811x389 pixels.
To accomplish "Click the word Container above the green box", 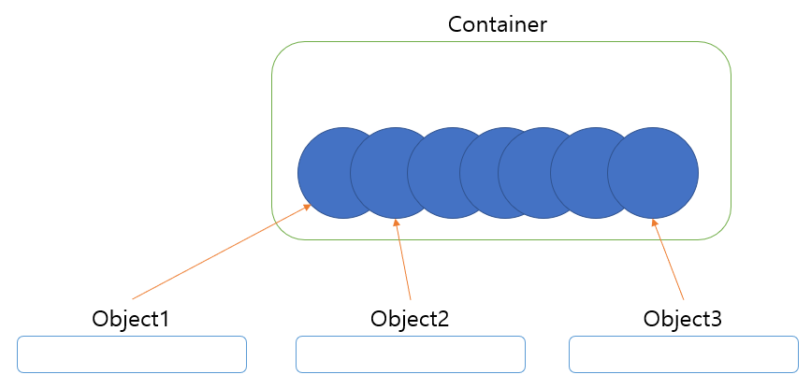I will click(x=497, y=24).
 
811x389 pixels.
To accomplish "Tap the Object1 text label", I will click(x=131, y=318).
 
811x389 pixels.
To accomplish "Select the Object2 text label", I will click(x=410, y=318).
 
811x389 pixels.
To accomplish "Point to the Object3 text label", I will click(x=683, y=318).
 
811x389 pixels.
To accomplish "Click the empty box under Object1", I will click(x=132, y=354).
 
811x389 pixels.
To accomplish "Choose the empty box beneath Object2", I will click(x=411, y=354).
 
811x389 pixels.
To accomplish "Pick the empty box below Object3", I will click(x=684, y=354).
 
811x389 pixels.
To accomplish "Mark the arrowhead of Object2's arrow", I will click(x=397, y=223).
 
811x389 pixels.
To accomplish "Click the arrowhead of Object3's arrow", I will click(x=655, y=223).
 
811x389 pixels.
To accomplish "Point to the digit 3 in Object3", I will click(x=716, y=318).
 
